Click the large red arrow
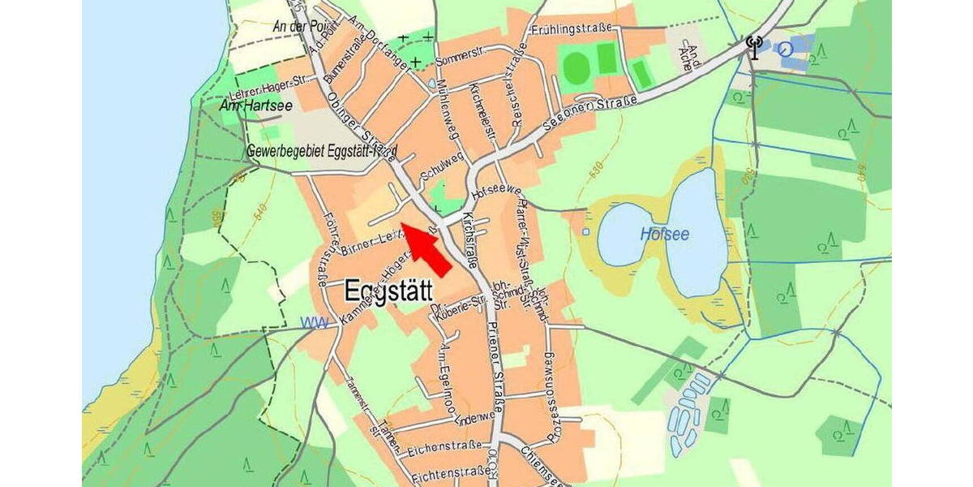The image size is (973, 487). (428, 250)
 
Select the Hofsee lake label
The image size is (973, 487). (664, 234)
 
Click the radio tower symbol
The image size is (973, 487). (754, 47)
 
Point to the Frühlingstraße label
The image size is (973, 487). (572, 29)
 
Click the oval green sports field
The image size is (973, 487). (576, 67)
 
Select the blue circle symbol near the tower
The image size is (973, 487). (785, 50)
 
